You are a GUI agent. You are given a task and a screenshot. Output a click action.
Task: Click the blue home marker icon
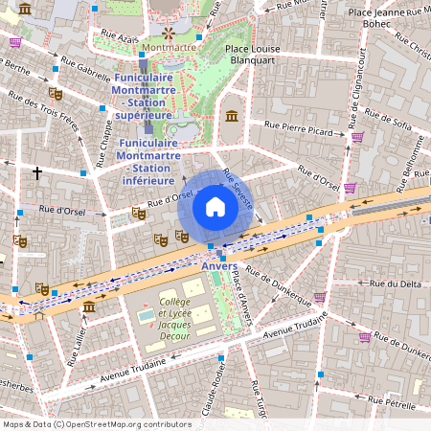coord(215,207)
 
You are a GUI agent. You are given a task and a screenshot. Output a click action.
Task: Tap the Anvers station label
coord(219,266)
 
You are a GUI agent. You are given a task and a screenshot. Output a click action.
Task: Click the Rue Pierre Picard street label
coord(299,128)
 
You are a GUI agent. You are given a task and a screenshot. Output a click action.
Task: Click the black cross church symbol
coord(37,173)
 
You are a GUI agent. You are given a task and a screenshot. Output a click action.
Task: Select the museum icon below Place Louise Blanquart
coord(231,116)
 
